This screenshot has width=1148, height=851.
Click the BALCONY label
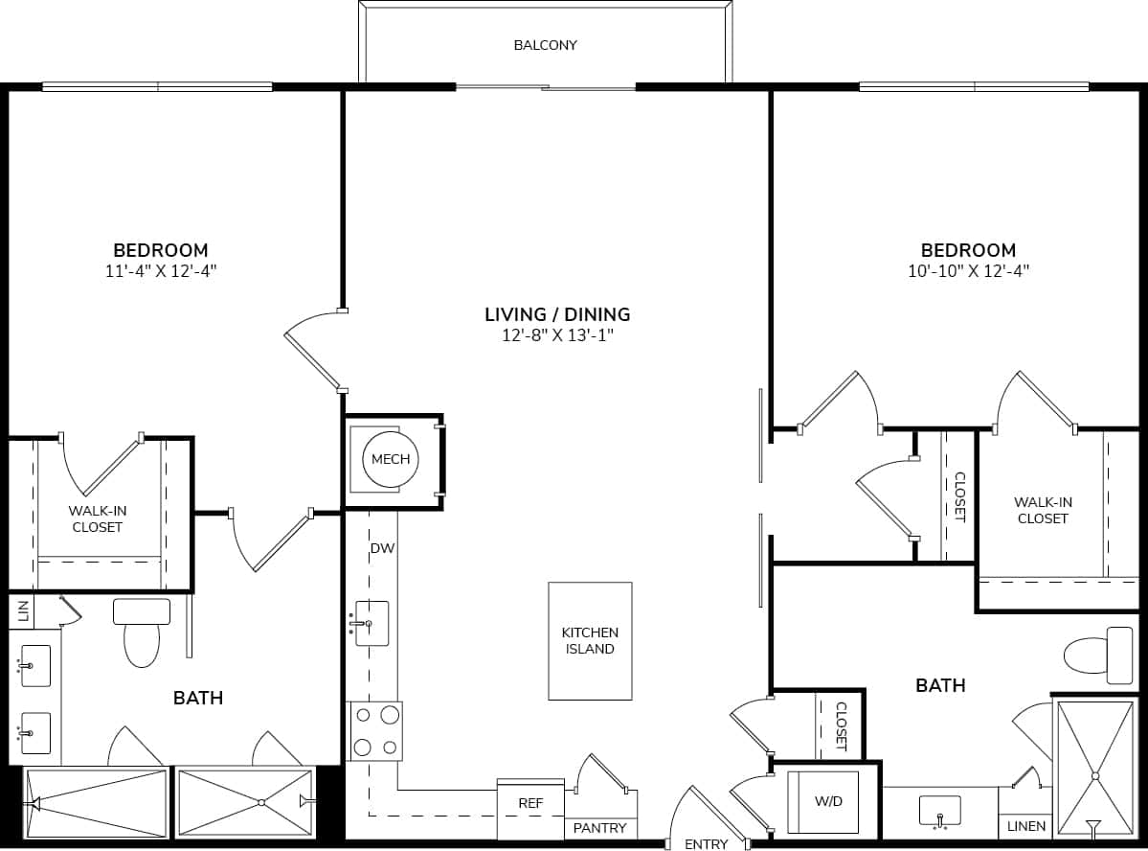coord(545,45)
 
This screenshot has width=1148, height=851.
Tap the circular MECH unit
coord(390,460)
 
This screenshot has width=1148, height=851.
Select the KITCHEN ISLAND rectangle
coord(590,640)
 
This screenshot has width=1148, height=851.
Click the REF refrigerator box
coord(530,804)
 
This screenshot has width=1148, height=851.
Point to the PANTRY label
coord(600,828)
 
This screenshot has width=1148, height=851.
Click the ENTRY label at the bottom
coord(706,844)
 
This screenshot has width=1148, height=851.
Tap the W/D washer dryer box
coord(829,801)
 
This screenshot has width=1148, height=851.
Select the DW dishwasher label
coord(383,548)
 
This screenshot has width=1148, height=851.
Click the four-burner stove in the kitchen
coord(375,731)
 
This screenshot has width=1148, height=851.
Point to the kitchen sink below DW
coord(371,624)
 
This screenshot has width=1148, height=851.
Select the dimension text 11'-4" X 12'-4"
coord(161,271)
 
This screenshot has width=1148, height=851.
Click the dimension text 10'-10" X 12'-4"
coord(968,271)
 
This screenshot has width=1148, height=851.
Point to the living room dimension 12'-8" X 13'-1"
coord(557,334)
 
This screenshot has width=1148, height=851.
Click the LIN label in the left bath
coord(24,610)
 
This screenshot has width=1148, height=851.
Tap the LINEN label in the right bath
coord(1026,826)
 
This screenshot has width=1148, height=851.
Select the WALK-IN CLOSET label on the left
coord(98,518)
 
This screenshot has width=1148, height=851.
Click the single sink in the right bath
coord(940,811)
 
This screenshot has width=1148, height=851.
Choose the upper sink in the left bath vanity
coord(34,665)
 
